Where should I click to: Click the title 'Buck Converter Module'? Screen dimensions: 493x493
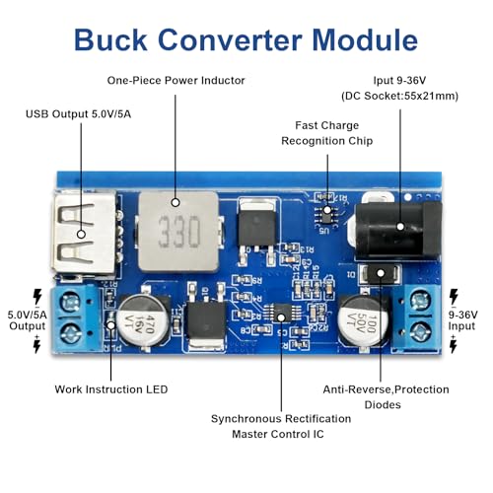pos(246,39)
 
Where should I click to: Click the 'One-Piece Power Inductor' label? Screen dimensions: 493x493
pos(176,80)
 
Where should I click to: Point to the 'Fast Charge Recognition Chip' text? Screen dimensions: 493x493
pos(326,133)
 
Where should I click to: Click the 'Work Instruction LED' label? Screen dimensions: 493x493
pos(110,388)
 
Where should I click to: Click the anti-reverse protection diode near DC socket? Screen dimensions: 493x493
pos(377,274)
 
